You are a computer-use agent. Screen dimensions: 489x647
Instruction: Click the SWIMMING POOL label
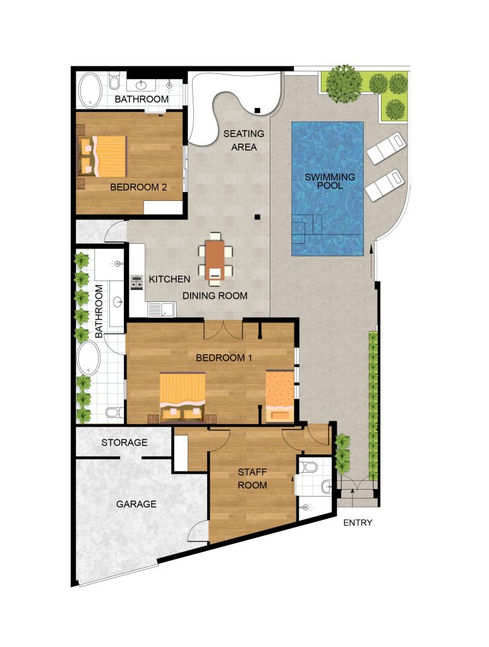coord(330,181)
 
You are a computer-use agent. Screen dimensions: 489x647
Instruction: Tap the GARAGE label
coord(136,504)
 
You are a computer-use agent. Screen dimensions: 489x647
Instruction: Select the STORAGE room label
coord(124,442)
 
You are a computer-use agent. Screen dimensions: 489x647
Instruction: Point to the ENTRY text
coord(358,523)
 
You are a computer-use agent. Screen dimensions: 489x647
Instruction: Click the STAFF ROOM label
coord(252,478)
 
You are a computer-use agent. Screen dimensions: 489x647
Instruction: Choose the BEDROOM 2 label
coord(138,187)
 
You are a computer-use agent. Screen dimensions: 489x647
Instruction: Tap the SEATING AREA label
coord(244,140)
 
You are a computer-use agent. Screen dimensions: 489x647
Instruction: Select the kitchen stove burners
coord(136,282)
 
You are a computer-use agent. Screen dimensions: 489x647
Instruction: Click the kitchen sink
coord(162,310)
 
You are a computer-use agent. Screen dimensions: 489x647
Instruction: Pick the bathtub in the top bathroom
coord(90,90)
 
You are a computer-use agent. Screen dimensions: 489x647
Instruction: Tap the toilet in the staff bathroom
coord(308,467)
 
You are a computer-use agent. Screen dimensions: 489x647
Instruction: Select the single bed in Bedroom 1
coord(280,396)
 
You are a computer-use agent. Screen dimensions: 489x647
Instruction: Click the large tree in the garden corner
coord(344,84)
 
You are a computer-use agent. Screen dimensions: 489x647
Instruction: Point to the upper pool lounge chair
coord(386,148)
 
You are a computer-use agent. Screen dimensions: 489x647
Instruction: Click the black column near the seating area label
coord(257,110)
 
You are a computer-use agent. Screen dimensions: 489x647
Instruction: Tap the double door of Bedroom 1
coord(223,330)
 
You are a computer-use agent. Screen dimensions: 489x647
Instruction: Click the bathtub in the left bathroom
coord(88,358)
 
